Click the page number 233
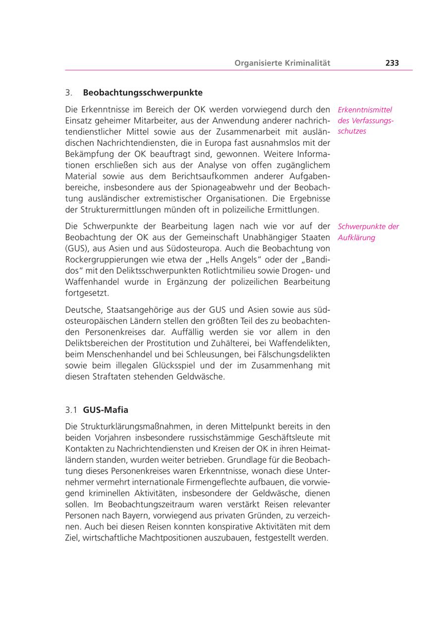click(x=391, y=63)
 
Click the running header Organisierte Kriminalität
click(x=282, y=63)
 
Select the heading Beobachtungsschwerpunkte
click(x=143, y=93)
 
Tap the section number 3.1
click(x=71, y=410)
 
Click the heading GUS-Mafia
click(x=106, y=410)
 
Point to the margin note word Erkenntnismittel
click(x=365, y=110)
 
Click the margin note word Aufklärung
click(x=356, y=238)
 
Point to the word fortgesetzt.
click(x=87, y=293)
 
